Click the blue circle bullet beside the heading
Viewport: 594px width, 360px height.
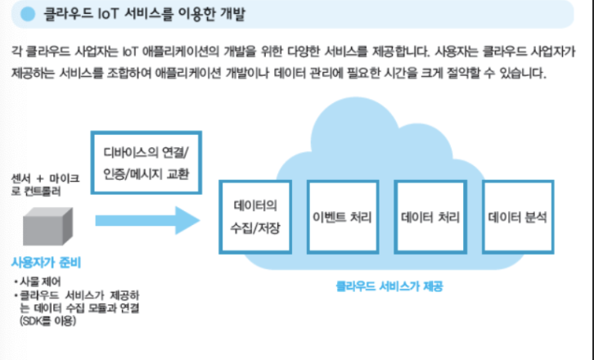(28, 14)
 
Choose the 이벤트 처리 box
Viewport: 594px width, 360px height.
(343, 218)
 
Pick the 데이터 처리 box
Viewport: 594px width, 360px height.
(430, 218)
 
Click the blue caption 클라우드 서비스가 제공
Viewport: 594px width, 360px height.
(383, 287)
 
